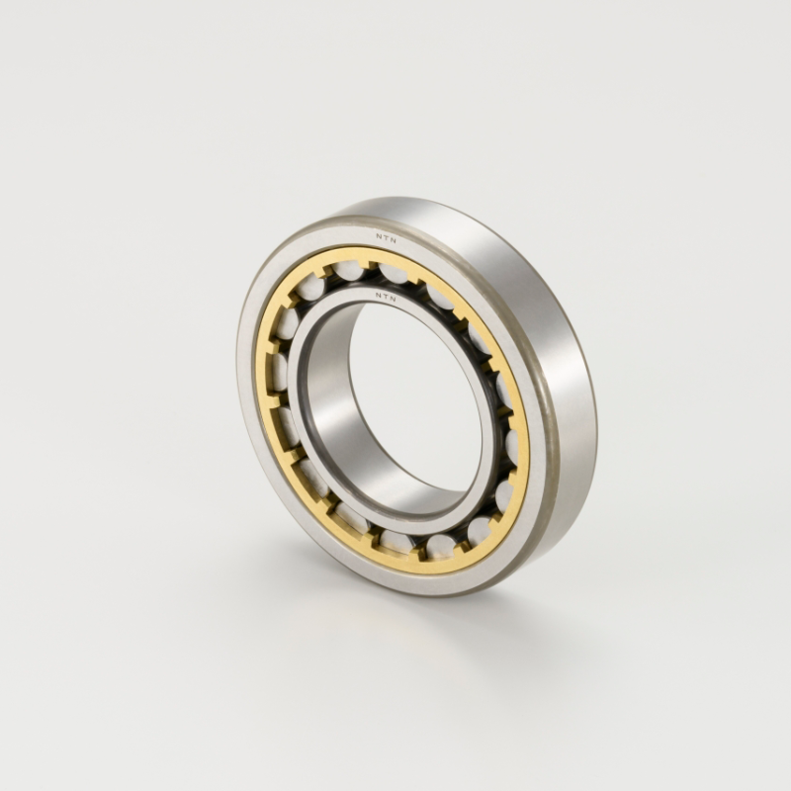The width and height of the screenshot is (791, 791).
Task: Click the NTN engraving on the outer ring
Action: tap(386, 238)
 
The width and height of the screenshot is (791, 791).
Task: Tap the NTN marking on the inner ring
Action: tap(386, 296)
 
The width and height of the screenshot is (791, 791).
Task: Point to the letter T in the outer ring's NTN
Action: tap(386, 238)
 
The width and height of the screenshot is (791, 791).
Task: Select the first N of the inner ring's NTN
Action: tap(378, 294)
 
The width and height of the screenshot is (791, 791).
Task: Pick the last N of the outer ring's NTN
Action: tap(394, 240)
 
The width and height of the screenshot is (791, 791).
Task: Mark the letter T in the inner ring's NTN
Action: tap(386, 296)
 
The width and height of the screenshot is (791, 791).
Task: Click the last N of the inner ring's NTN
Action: tap(394, 299)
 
